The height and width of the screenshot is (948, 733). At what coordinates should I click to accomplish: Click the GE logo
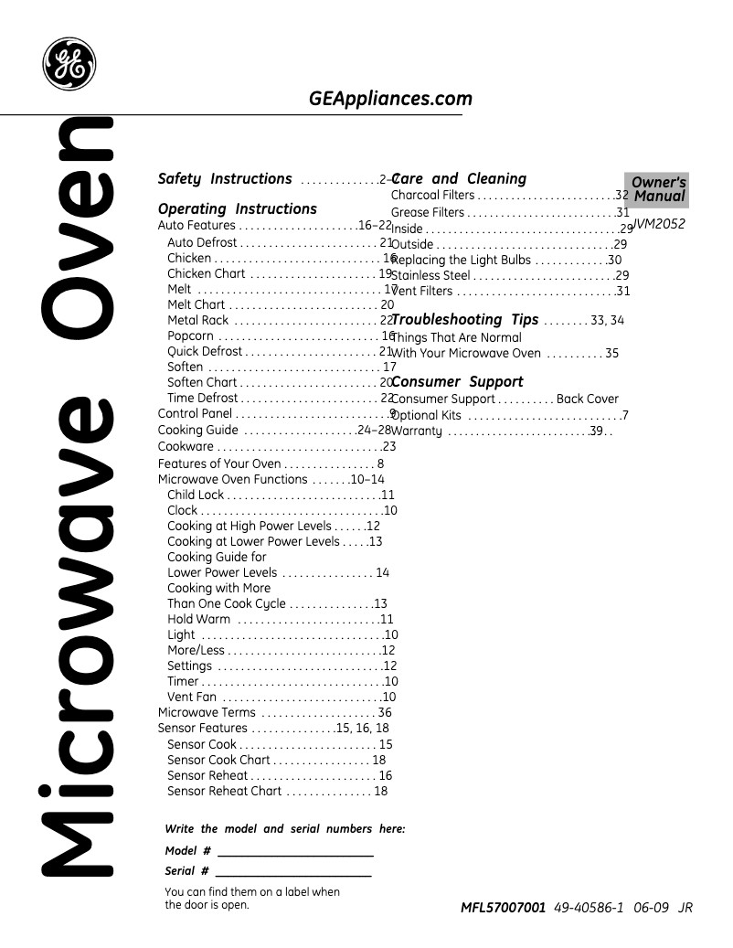69,64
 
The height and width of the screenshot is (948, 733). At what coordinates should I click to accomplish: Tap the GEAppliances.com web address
390,99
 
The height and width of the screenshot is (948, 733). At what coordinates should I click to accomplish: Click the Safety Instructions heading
225,179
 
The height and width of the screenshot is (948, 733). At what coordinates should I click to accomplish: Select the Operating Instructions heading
238,208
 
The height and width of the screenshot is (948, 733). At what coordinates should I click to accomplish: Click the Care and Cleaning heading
459,179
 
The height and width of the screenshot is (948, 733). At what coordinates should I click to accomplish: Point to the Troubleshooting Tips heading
464,320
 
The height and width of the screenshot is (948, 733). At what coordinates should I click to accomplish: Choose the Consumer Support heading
457,382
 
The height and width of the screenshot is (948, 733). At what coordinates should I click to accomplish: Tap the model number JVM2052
659,223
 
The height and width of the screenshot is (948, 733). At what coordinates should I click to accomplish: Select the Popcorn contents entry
190,336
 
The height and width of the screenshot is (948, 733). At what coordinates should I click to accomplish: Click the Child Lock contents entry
196,495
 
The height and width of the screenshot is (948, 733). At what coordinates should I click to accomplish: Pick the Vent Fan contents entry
192,697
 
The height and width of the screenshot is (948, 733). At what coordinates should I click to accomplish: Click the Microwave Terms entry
207,712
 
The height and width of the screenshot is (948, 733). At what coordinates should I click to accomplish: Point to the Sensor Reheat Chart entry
224,791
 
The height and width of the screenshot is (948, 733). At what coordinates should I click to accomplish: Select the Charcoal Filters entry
433,196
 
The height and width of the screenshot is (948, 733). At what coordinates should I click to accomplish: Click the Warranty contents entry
417,431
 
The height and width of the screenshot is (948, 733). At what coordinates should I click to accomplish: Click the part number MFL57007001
504,908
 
